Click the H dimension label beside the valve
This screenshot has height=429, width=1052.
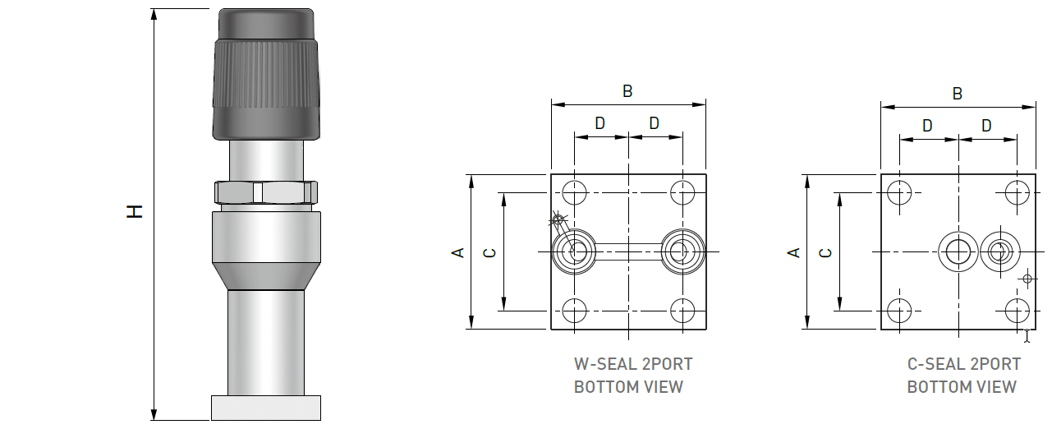[136, 211]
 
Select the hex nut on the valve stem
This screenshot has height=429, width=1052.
[266, 192]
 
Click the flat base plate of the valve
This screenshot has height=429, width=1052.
[266, 408]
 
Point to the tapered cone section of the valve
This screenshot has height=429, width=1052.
[266, 276]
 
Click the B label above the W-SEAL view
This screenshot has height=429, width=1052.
[627, 91]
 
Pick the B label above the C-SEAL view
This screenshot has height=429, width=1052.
[957, 94]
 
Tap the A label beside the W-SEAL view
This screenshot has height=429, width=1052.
[459, 251]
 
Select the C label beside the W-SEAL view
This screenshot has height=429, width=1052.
[489, 251]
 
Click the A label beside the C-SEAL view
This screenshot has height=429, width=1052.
[793, 251]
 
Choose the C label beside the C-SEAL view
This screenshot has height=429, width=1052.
[826, 251]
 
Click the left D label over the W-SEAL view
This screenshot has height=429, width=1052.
[600, 123]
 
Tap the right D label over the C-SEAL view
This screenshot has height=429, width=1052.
[986, 126]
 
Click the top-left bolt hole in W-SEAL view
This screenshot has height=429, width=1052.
[575, 193]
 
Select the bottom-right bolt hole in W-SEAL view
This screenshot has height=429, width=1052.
[682, 311]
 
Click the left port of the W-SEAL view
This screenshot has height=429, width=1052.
[577, 251]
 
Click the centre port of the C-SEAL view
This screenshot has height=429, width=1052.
[958, 251]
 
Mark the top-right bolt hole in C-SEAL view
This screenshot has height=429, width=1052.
[1018, 193]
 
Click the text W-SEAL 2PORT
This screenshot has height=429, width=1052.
[632, 364]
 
